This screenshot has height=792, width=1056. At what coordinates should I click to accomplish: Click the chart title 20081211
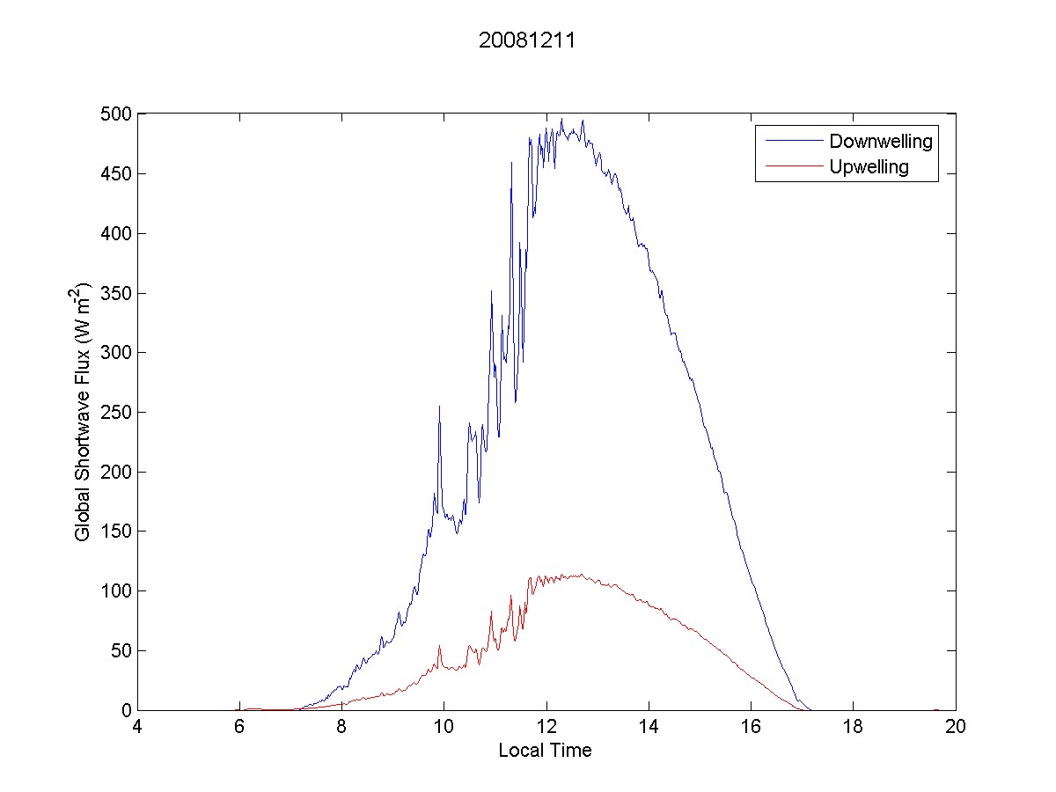[x=526, y=41]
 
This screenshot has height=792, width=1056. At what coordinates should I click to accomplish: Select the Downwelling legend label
[x=880, y=141]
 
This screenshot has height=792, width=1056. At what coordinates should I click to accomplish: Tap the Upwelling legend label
[x=869, y=167]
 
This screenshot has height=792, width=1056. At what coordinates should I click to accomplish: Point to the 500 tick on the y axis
[x=117, y=114]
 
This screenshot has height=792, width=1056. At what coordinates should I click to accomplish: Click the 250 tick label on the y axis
[x=117, y=412]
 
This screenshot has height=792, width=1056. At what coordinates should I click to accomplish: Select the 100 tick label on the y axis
[x=117, y=590]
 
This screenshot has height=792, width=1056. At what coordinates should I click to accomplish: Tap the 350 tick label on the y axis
[x=117, y=293]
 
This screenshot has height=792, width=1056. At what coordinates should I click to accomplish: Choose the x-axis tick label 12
[x=546, y=727]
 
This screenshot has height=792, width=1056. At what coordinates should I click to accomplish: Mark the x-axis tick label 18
[x=853, y=727]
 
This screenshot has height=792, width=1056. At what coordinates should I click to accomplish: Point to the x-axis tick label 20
[x=955, y=727]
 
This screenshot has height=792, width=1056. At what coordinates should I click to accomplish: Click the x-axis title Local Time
[x=545, y=751]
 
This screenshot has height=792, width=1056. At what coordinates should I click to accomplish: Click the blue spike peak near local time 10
[x=439, y=407]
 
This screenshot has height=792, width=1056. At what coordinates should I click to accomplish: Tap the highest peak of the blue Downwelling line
[x=561, y=119]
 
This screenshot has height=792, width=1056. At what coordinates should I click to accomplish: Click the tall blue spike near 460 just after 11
[x=511, y=163]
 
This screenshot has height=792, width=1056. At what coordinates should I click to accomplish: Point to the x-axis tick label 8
[x=342, y=727]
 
